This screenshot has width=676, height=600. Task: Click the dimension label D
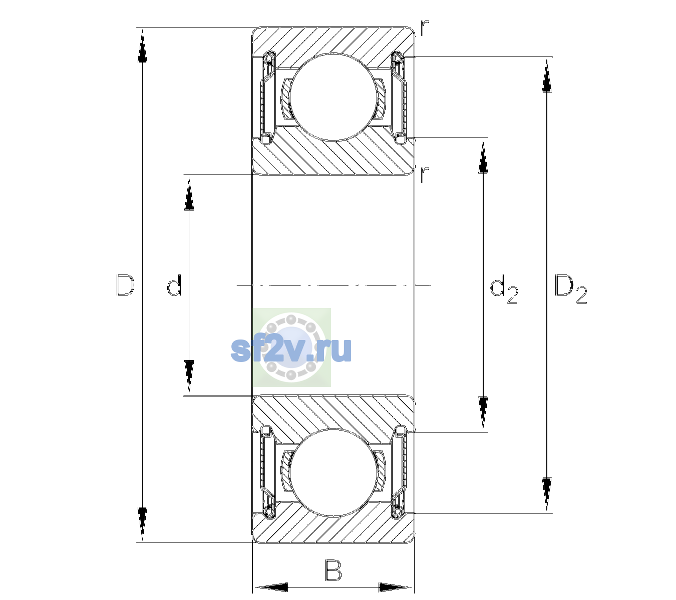[125, 285]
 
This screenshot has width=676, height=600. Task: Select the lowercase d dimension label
[174, 285]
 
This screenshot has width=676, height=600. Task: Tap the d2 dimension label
[504, 288]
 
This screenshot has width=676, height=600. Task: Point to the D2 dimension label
[570, 288]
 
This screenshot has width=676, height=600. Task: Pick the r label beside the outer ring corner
[424, 28]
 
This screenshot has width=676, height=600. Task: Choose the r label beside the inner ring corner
[424, 174]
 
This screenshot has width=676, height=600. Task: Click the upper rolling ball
[333, 97]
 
